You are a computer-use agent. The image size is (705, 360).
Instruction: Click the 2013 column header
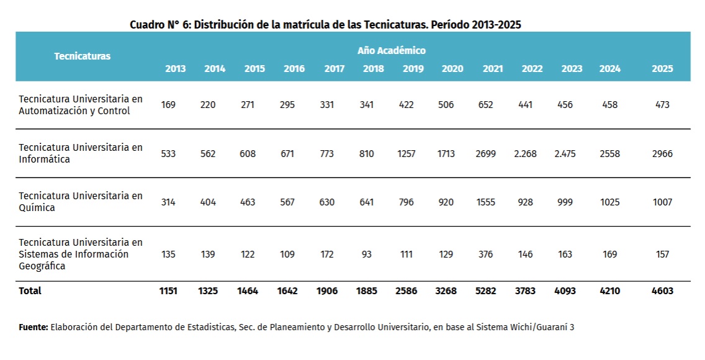[176, 69]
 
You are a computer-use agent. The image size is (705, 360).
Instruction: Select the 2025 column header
[662, 69]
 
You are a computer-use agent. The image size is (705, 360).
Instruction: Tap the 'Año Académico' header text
[392, 51]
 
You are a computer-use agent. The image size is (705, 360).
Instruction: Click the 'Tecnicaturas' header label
[83, 56]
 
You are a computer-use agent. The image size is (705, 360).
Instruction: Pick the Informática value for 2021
[485, 154]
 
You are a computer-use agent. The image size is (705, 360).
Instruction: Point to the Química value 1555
[485, 202]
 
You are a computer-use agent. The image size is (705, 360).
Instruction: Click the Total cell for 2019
[406, 290]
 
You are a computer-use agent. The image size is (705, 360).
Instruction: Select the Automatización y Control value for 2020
[446, 105]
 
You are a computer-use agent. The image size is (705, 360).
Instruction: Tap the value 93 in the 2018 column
[366, 254]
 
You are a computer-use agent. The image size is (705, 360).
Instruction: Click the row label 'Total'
[30, 290]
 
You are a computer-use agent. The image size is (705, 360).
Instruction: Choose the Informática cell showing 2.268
[525, 154]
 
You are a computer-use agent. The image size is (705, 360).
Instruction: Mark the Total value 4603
[662, 290]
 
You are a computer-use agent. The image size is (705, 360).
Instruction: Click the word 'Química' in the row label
[37, 208]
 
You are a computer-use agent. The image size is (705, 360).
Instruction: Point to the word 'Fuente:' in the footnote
[34, 327]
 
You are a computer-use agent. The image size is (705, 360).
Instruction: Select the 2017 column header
[334, 69]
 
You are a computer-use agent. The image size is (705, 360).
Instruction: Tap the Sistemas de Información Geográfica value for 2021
[485, 254]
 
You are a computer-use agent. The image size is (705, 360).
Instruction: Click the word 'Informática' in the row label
[44, 159]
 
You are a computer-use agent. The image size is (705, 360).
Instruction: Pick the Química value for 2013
[168, 202]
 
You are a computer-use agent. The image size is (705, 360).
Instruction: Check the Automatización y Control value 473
[662, 105]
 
